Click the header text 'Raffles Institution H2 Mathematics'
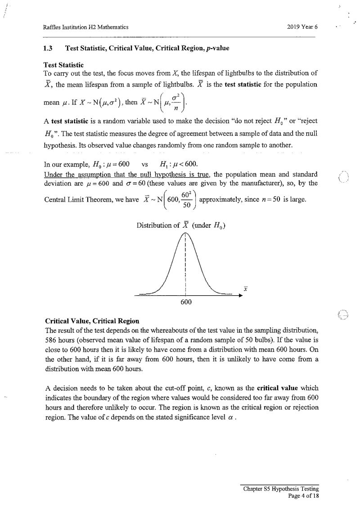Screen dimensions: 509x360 (83, 27)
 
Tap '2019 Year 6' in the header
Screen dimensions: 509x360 (302, 27)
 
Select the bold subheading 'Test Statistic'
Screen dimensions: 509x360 (63, 65)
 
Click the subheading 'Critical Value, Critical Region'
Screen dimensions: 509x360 (92, 321)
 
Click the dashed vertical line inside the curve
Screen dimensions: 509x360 (186, 266)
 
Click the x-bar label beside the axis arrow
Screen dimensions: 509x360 (246, 288)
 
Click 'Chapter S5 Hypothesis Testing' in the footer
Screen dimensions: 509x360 (281, 489)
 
